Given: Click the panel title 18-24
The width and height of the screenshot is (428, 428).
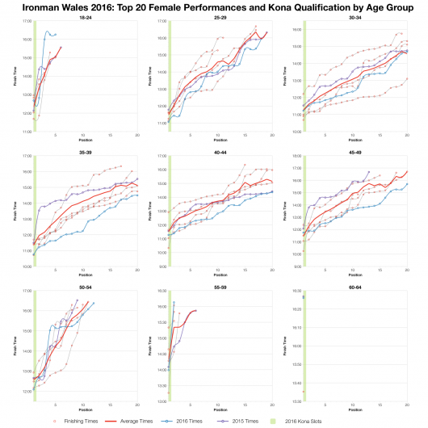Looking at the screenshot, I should pos(85,16).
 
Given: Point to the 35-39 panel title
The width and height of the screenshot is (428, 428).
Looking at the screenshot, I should pos(85,150).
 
